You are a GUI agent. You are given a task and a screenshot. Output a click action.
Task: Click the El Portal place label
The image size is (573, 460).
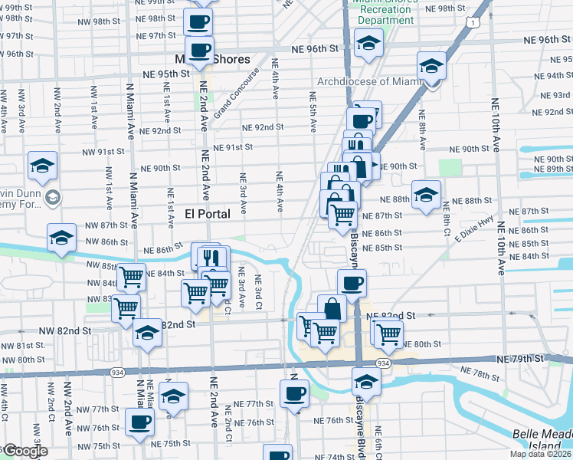[x=207, y=214]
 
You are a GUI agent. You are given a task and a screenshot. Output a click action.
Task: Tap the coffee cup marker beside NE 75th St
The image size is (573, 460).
[x=139, y=421]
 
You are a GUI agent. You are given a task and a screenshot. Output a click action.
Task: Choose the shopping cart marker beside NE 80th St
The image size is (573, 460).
[x=389, y=333]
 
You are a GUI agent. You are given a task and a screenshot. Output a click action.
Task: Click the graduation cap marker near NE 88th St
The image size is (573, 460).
[x=426, y=195]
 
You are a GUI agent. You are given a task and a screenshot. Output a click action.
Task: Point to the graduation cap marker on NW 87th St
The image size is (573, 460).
[x=61, y=238]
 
